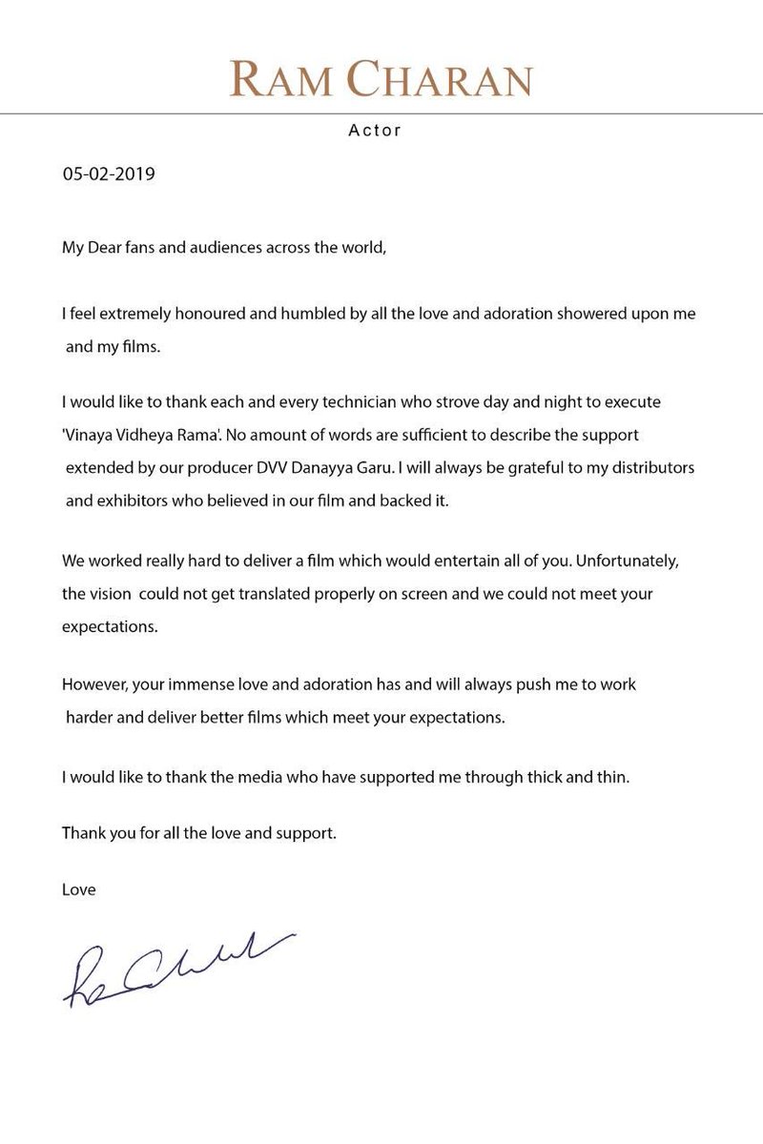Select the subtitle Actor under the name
coord(375,131)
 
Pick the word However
coord(93,685)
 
